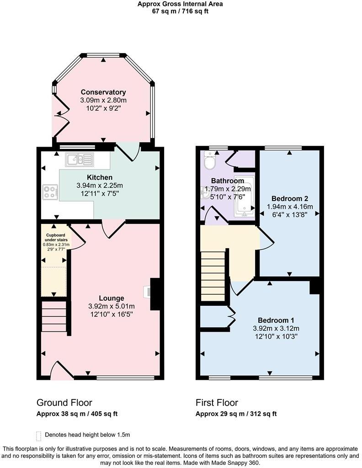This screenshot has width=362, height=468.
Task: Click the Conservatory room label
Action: click(x=103, y=92)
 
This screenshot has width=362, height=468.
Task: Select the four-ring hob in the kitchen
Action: click(x=50, y=191)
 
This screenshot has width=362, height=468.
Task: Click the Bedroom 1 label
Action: click(x=273, y=320)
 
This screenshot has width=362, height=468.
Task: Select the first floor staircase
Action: click(x=214, y=276)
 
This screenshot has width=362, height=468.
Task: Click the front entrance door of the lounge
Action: click(x=61, y=371)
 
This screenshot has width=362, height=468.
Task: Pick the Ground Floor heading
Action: click(x=64, y=403)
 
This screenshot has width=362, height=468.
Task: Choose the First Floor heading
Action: click(x=217, y=403)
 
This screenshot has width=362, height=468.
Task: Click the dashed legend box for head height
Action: click(x=38, y=435)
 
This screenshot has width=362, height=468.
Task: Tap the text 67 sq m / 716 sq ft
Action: click(x=181, y=11)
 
